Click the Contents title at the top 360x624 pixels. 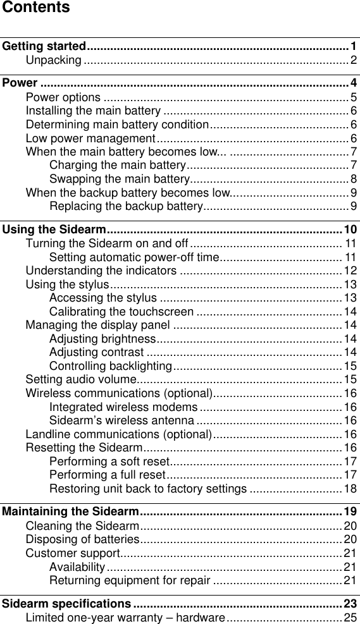coord(35,8)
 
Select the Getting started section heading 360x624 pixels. coord(44,46)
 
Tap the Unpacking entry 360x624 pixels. coord(53,60)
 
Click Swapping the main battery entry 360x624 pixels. coord(116,179)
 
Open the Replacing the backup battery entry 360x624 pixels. coord(125,206)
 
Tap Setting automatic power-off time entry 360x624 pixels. coord(134,257)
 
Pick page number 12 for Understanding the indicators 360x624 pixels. coord(350,271)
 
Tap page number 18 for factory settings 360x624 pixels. coord(350,489)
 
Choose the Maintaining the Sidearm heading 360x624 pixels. coord(71,511)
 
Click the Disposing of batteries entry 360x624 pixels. coord(82,539)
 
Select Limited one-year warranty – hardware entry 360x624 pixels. coord(125,616)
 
